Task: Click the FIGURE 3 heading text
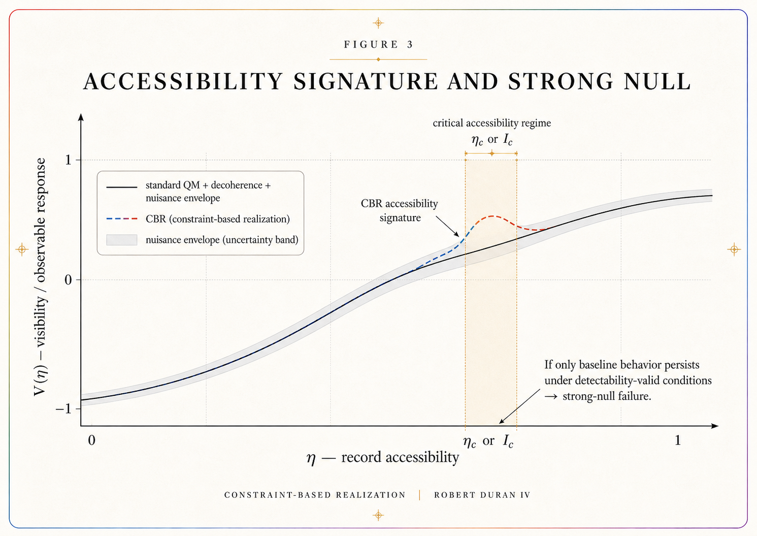pos(378,45)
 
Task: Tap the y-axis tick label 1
pos(68,160)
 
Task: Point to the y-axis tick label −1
pos(63,409)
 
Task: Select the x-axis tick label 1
pos(678,440)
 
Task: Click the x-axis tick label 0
pos(91,440)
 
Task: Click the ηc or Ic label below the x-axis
pos(488,442)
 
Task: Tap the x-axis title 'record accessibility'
pos(400,457)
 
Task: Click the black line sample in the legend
pos(122,186)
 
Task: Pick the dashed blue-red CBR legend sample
pos(122,219)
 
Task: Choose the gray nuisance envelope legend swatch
pos(122,240)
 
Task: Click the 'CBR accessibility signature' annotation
pos(400,210)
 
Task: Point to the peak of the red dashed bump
pos(492,216)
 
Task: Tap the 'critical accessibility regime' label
pos(491,123)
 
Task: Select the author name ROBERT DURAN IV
pos(482,495)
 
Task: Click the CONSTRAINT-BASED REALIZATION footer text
pos(315,495)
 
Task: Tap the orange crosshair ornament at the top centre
pos(378,23)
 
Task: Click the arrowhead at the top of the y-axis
pos(81,117)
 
